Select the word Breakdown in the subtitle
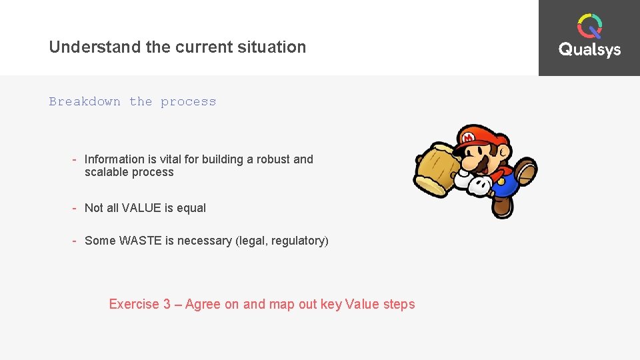(x=85, y=102)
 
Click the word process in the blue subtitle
(x=188, y=102)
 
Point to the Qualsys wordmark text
(x=589, y=50)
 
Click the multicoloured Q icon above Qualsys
(x=589, y=26)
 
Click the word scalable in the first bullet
(x=105, y=172)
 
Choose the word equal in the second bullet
(x=191, y=208)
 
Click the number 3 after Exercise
(x=166, y=305)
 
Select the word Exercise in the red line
(x=134, y=305)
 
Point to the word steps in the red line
(x=399, y=305)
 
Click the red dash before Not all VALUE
(x=75, y=208)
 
